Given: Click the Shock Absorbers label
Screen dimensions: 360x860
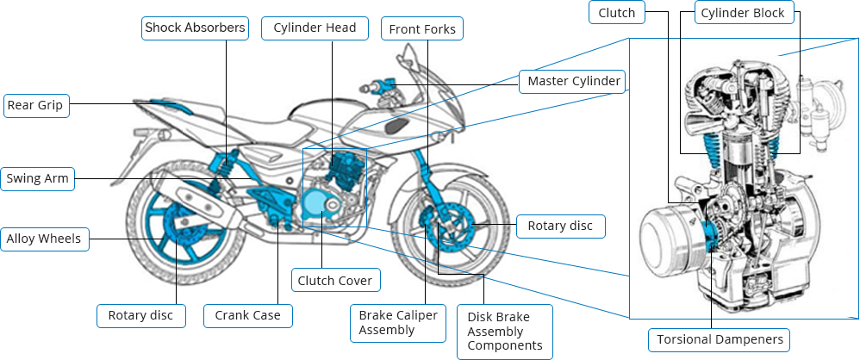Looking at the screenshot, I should coord(195,28).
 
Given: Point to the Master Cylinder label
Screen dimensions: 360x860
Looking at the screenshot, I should coord(573,82).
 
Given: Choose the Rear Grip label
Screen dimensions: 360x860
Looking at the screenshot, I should coord(35,105).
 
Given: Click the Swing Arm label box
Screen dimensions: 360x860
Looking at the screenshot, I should coord(36,179).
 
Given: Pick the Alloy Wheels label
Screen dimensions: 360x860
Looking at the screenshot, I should coord(45,239).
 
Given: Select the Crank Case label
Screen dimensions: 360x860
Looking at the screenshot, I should coord(248,316).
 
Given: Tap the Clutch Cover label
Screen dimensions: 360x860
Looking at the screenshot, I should coord(335,281).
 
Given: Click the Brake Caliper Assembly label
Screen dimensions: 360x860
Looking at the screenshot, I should coord(398,323).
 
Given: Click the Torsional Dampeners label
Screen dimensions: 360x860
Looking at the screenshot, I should coord(720,339).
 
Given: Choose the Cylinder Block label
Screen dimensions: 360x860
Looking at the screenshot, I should coord(743,13).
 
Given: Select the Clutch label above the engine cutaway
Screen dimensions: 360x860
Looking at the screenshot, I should coord(617,13).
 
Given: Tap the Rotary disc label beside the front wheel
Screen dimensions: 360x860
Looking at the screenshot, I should coord(560,227).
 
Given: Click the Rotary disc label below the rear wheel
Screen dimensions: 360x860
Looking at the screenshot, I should coord(140,316).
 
